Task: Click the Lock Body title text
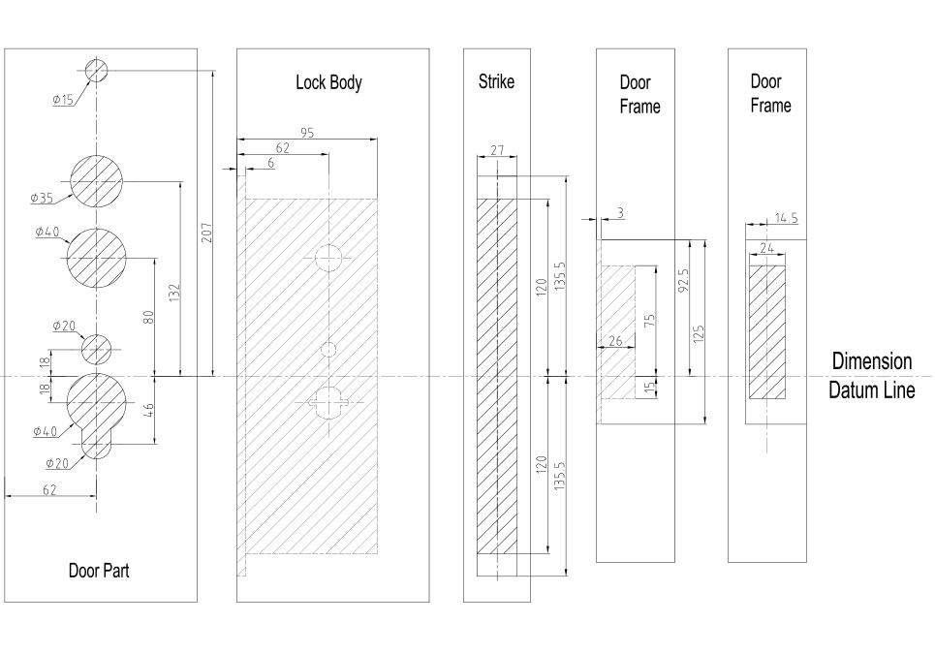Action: [x=328, y=82]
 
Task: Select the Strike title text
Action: [x=496, y=81]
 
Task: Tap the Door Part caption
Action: [x=98, y=571]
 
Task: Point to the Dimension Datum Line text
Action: [x=871, y=376]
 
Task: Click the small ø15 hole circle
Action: [x=97, y=70]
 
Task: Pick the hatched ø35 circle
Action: [x=97, y=180]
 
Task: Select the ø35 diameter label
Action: [x=41, y=199]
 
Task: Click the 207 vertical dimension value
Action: [x=206, y=233]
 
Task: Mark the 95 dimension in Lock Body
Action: [x=306, y=134]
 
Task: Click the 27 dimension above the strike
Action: [x=497, y=150]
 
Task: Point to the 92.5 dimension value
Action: [x=683, y=281]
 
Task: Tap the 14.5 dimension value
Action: [x=786, y=219]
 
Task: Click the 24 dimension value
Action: [x=766, y=249]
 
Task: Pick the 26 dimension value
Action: [x=614, y=341]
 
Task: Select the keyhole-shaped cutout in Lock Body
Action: [x=328, y=400]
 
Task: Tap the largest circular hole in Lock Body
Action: [x=328, y=258]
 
